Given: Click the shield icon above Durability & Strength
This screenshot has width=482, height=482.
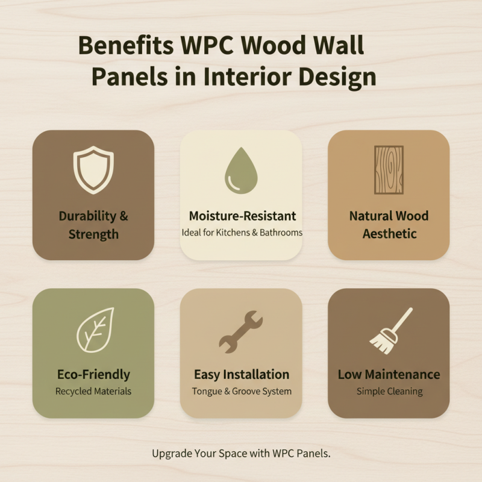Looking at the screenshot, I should point(93,169).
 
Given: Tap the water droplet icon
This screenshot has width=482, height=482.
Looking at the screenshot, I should point(241,171).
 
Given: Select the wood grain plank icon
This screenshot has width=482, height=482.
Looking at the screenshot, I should point(389,169).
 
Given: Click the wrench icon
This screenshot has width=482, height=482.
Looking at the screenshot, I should point(240,331).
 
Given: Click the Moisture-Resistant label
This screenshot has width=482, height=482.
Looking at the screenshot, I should point(242,216).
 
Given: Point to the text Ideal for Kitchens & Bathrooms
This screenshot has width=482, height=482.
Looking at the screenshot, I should point(242,232).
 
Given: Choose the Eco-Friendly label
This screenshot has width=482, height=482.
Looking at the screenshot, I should point(93,374).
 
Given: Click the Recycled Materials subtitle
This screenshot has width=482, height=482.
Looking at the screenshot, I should point(93,391).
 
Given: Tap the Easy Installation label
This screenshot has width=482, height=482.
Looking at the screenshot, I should point(242,374).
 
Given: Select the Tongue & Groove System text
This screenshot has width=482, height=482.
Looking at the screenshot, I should point(242,391).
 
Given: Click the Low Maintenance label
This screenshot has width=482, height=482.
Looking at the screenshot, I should point(389,374).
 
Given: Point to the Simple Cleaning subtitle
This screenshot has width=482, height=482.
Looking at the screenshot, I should point(389,391).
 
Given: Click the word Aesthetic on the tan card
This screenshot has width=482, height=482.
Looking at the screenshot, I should point(389,233).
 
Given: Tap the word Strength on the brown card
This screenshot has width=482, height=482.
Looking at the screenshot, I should point(93,234).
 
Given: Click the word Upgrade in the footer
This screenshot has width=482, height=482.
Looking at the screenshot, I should point(172,454).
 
